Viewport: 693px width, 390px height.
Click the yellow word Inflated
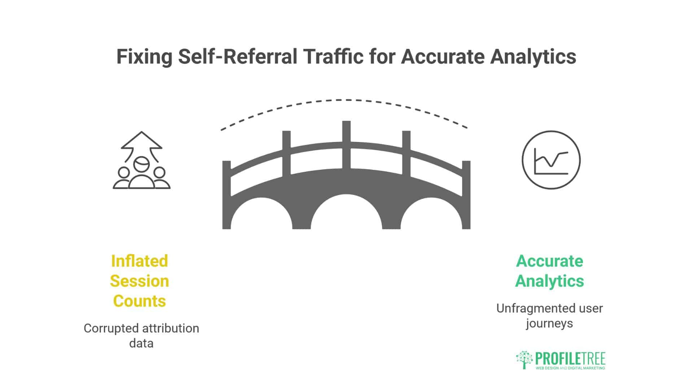139,261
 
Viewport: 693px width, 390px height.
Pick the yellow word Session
139,281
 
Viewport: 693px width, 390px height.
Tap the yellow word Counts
139,301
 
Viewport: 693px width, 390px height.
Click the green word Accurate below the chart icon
549,261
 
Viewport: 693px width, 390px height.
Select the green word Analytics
549,281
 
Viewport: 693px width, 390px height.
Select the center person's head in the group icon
141,165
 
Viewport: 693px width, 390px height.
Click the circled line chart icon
551,160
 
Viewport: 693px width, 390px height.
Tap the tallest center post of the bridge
346,144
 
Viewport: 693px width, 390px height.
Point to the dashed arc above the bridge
346,100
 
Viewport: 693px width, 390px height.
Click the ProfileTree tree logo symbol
524,360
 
